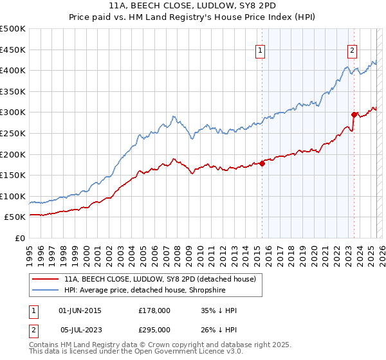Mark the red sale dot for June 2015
[262, 163]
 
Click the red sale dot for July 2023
[354, 114]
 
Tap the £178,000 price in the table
[154, 310]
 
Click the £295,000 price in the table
[154, 328]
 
